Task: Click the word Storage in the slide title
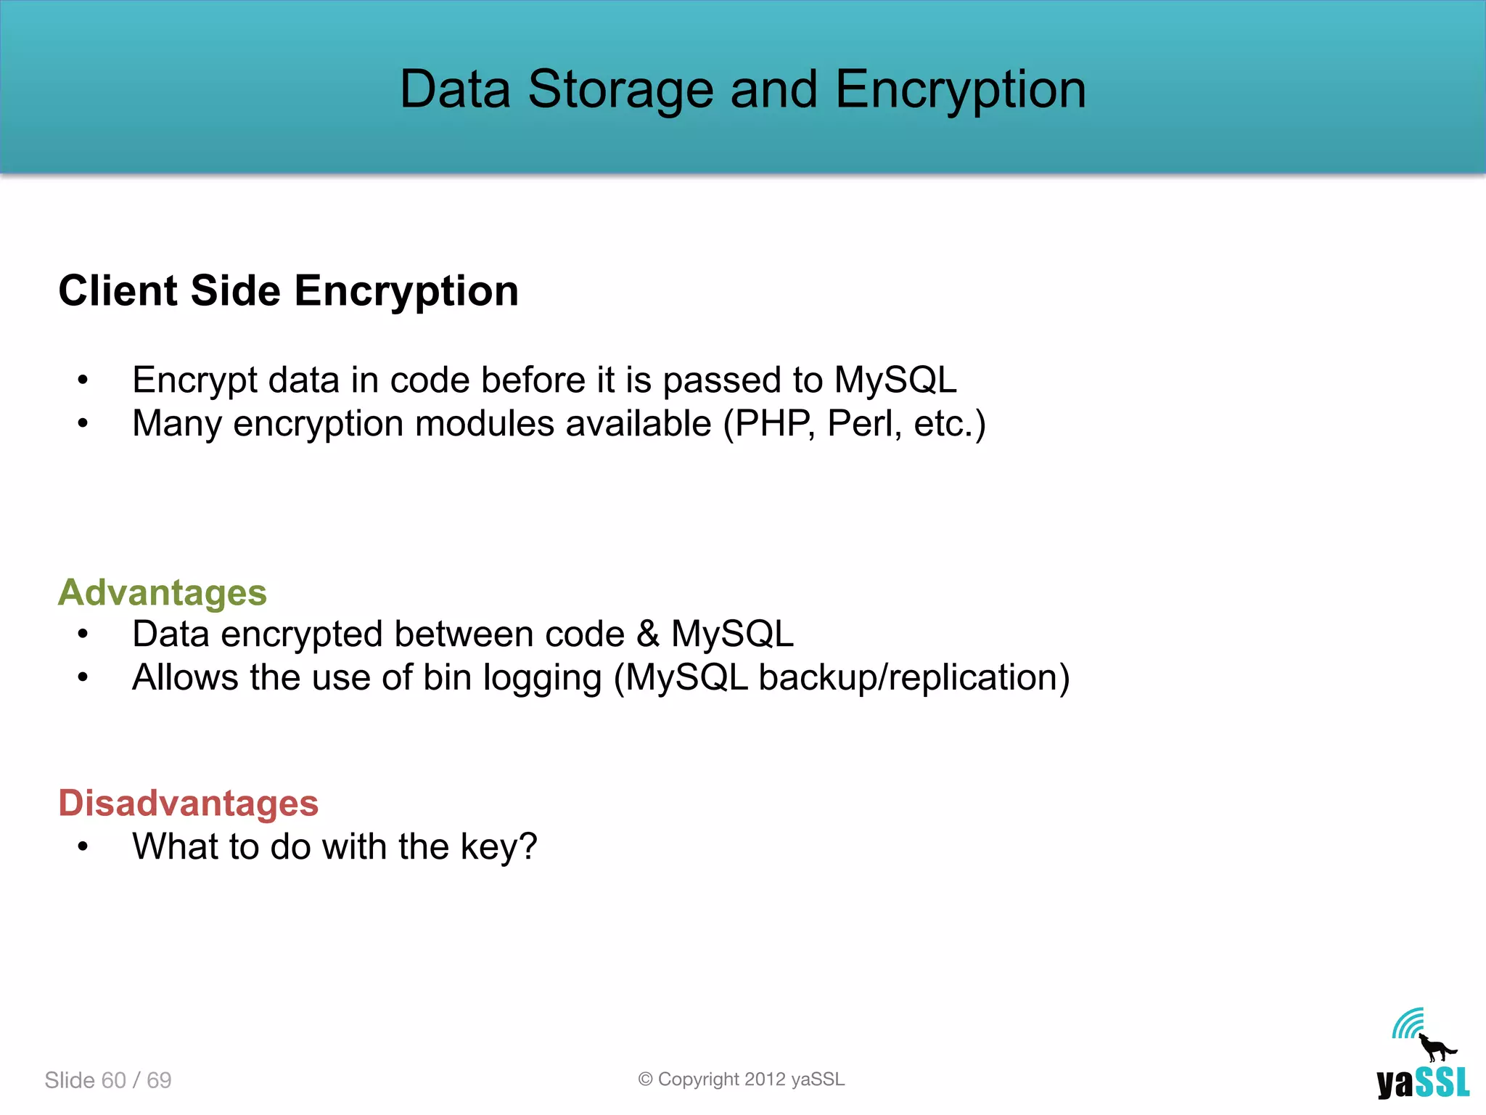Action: (x=620, y=90)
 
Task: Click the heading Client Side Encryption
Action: (x=288, y=291)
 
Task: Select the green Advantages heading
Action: (x=163, y=592)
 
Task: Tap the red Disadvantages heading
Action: (x=189, y=803)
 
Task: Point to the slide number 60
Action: (x=114, y=1080)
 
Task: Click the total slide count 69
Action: (x=159, y=1080)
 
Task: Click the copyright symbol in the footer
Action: (x=645, y=1079)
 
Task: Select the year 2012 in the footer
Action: (x=765, y=1079)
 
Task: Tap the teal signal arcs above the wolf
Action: (x=1408, y=1024)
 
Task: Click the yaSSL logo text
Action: (x=1422, y=1084)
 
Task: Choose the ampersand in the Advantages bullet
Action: (x=648, y=634)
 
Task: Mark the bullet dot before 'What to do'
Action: (x=83, y=846)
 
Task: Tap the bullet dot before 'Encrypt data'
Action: (x=83, y=380)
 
